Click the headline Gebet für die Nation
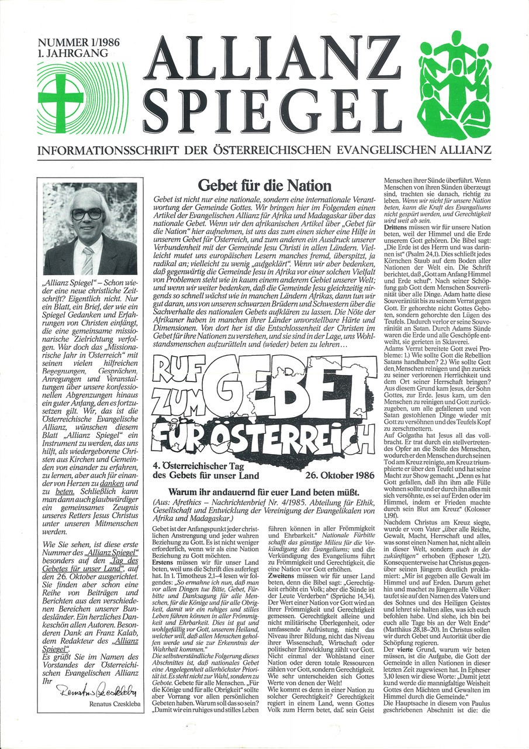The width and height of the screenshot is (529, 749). (x=264, y=186)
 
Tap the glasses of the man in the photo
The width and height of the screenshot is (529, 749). (x=87, y=214)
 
